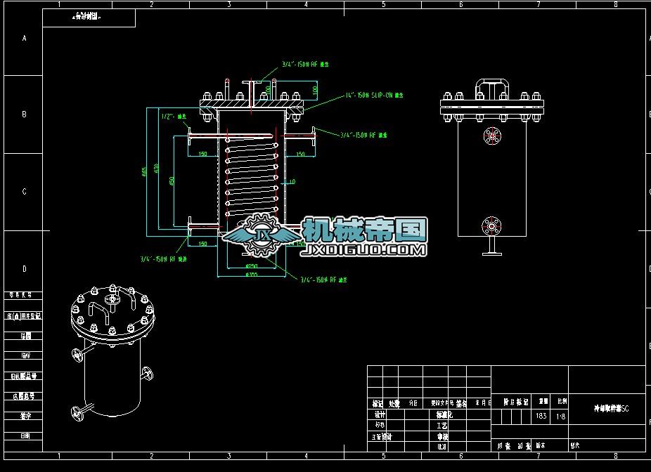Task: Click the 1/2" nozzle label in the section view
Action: (x=173, y=116)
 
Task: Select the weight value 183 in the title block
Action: (x=541, y=416)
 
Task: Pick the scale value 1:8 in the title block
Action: (x=562, y=416)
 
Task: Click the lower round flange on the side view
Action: (x=491, y=226)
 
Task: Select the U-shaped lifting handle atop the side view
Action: (x=492, y=88)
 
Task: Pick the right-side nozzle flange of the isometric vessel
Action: (x=146, y=373)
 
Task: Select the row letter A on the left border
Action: (x=24, y=38)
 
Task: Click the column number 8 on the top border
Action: (x=616, y=4)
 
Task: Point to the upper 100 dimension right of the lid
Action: (x=314, y=91)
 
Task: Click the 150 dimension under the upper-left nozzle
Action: (x=202, y=153)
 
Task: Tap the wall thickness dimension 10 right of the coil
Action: (x=292, y=182)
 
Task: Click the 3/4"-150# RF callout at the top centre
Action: (x=305, y=64)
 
